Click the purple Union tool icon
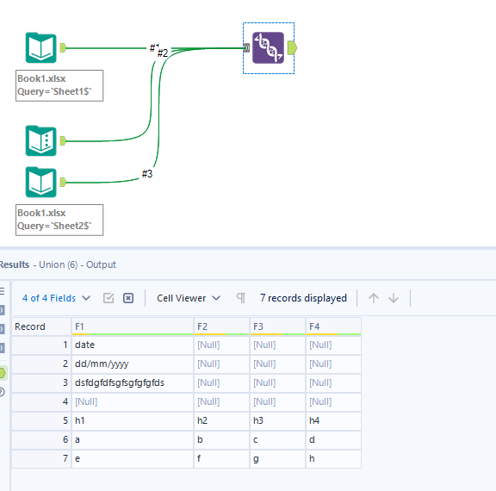(268, 48)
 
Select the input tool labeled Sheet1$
(40, 48)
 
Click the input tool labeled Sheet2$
(40, 183)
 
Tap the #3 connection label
(147, 174)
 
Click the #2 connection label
(162, 53)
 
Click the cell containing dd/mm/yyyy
(102, 364)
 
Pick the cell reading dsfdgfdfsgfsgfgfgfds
(119, 382)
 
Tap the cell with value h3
(263, 420)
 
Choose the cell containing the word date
(85, 345)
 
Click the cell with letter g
(257, 458)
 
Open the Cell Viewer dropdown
(189, 298)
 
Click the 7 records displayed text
(303, 298)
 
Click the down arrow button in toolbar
(394, 298)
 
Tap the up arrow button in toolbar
(373, 298)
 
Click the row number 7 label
(64, 458)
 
